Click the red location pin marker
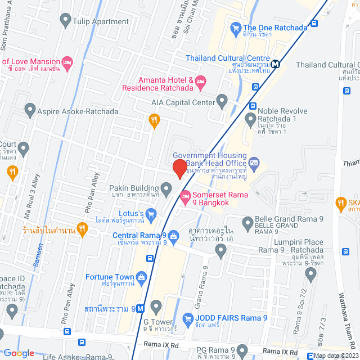coord(179,169)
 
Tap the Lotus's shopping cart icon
coord(150,214)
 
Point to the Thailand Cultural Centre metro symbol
coord(276,64)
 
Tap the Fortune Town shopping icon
coord(142,277)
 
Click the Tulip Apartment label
coord(101,22)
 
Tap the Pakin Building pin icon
coord(166,187)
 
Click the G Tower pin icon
coord(156,307)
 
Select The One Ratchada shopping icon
coord(235,28)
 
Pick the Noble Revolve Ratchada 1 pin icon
coord(251,119)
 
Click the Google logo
coord(19,353)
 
